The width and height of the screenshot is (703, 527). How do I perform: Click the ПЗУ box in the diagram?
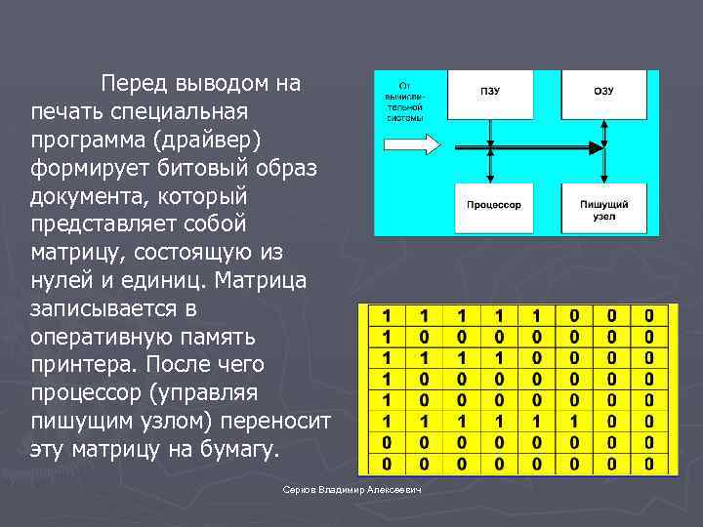click(490, 92)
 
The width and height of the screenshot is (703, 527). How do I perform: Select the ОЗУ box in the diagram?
click(603, 92)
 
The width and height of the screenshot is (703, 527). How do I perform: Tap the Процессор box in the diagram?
click(493, 205)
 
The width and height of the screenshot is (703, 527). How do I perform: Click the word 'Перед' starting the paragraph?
click(133, 83)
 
